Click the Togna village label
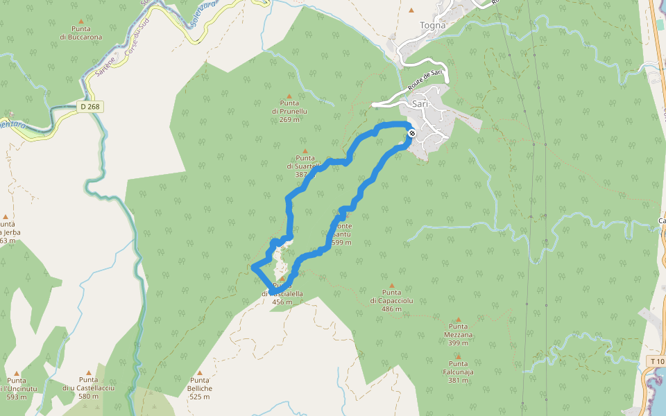click(x=432, y=26)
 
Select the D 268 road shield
click(x=89, y=107)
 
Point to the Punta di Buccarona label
click(x=81, y=33)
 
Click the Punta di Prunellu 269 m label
click(x=289, y=111)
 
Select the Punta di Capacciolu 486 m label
click(x=391, y=300)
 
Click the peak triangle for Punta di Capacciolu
click(x=391, y=285)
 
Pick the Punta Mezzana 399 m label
click(x=458, y=334)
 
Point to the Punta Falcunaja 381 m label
click(x=458, y=372)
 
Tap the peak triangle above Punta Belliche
click(x=200, y=372)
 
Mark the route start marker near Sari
click(x=412, y=132)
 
